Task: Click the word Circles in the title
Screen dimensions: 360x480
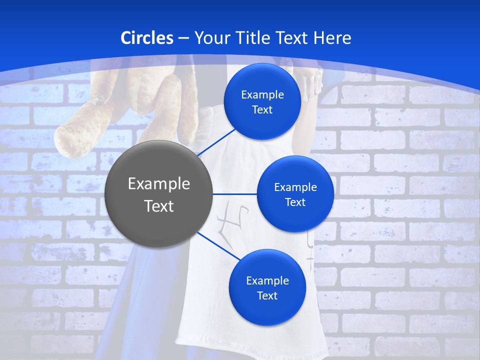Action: tap(146, 38)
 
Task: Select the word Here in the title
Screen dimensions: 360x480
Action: tap(332, 38)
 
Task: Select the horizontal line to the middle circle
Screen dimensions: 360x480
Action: tap(234, 194)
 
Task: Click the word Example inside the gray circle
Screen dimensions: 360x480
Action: tap(158, 184)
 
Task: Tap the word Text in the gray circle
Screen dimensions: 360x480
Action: tap(158, 206)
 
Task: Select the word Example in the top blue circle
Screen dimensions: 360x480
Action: tap(262, 95)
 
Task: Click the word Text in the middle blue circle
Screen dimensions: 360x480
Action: tap(295, 202)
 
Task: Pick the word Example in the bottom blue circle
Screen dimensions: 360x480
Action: tap(267, 281)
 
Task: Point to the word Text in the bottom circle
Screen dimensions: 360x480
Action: tap(267, 296)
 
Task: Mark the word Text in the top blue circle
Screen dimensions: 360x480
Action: tap(262, 110)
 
